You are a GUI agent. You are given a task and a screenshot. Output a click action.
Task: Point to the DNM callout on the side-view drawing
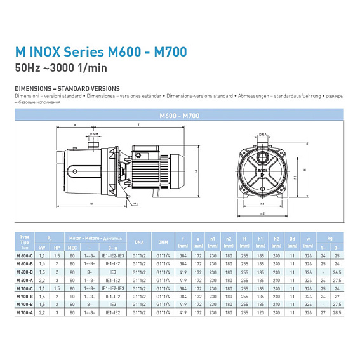[x=94, y=135]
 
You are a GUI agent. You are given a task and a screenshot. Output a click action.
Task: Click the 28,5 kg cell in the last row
[x=337, y=312]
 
